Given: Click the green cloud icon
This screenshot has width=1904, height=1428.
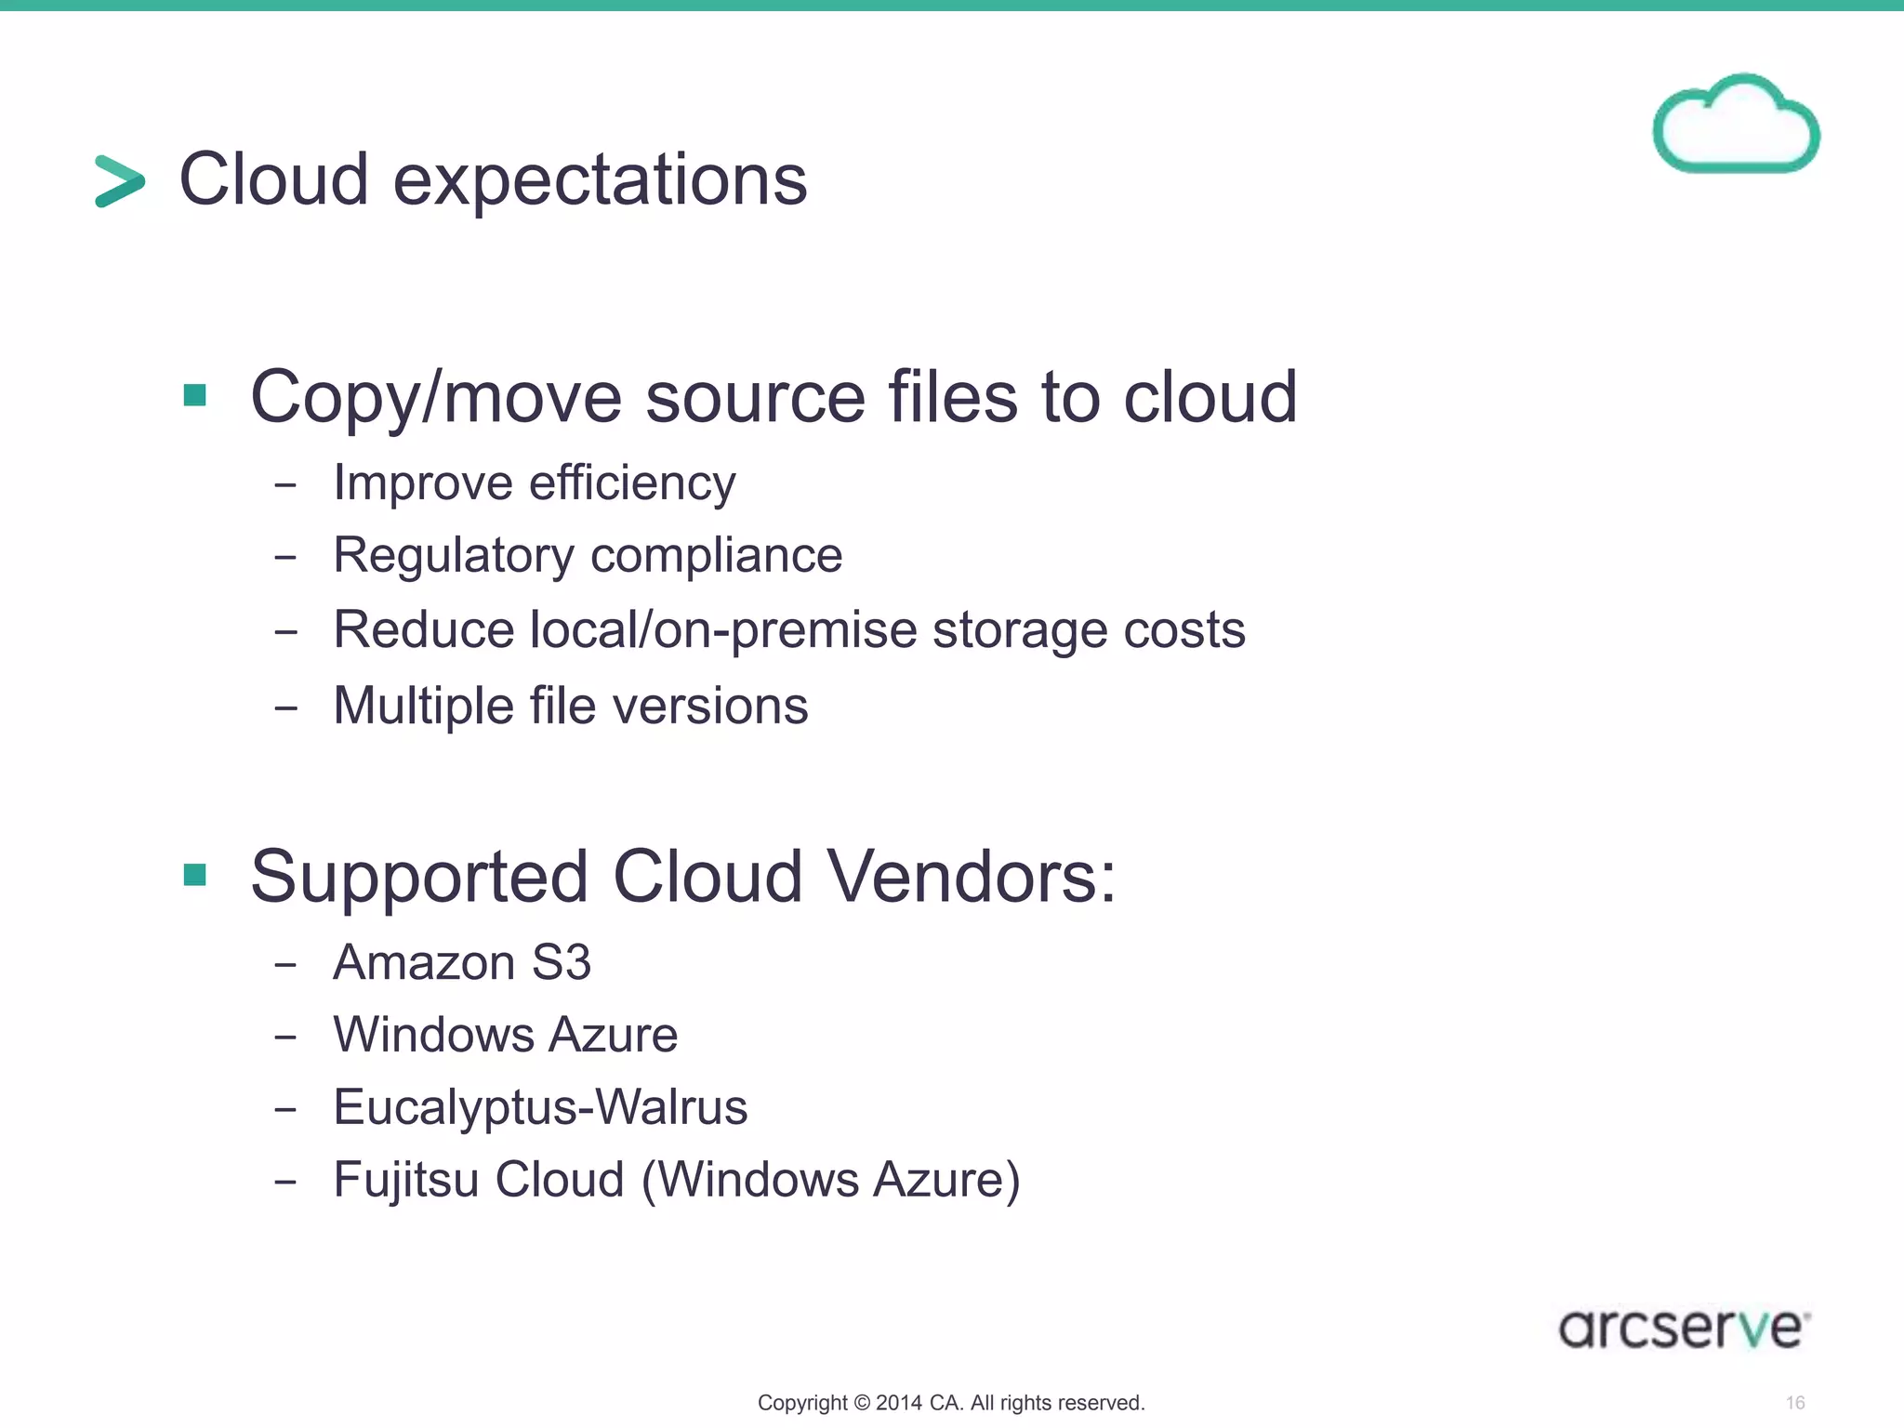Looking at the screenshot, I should [1736, 126].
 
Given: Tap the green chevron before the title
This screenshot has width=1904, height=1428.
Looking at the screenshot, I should [120, 180].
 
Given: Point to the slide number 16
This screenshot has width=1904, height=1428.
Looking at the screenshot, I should [1795, 1403].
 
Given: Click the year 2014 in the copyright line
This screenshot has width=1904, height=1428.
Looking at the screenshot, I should [898, 1403].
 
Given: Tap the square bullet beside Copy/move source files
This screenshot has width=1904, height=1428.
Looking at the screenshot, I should [195, 396].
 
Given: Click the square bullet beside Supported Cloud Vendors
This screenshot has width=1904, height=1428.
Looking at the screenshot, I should [195, 875].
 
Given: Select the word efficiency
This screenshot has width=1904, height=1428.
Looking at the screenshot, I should [632, 483].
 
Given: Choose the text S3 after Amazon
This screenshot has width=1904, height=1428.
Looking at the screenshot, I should [561, 962].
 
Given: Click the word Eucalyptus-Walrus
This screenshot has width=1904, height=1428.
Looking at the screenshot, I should [540, 1107].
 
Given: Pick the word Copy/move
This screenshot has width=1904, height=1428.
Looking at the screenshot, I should [436, 398].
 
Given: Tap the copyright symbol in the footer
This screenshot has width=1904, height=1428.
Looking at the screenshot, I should [862, 1403].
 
